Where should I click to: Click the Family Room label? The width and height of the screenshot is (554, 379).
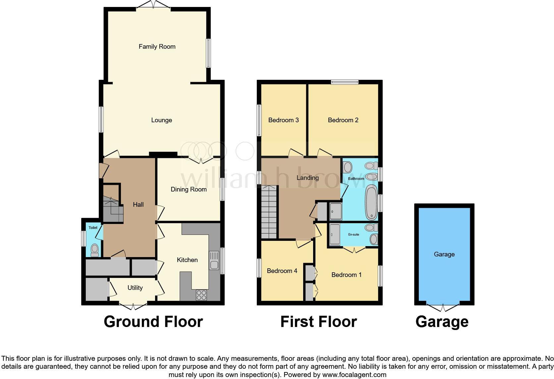[x=157, y=47]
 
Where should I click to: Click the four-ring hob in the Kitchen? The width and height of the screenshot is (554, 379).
[x=201, y=295]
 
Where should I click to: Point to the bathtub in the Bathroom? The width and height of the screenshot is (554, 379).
[x=371, y=202]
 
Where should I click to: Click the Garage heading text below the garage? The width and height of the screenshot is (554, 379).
[x=442, y=322]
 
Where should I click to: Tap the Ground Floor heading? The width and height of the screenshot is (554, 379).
[x=153, y=322]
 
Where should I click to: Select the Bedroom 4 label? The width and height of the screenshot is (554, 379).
[x=282, y=271]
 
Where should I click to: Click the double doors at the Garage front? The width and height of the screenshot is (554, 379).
[x=443, y=306]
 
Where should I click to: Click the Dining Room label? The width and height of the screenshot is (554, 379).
[x=189, y=189]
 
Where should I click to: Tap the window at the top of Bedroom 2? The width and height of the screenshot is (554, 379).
[x=345, y=82]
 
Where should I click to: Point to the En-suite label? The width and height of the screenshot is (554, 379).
[x=354, y=235]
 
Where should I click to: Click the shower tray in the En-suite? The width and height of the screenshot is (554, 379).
[x=335, y=235]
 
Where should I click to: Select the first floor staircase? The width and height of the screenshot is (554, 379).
[x=269, y=212]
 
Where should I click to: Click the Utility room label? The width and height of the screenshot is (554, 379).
[x=135, y=288]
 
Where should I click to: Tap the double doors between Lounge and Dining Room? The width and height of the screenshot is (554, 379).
[x=201, y=160]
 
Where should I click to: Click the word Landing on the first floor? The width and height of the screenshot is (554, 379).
[x=307, y=178]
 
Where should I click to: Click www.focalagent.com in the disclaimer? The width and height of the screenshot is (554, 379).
[x=354, y=375]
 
